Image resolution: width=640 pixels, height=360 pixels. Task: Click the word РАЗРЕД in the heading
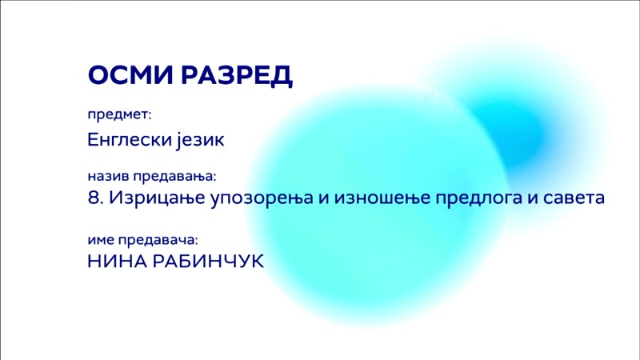tap(237, 76)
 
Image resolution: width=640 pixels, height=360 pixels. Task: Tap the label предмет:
tap(119, 114)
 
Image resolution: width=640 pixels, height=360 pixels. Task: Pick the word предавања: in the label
tap(174, 177)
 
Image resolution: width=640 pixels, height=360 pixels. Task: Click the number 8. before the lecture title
tap(95, 198)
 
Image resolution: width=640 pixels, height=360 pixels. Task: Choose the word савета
tap(574, 198)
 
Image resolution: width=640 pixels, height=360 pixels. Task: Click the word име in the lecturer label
tap(101, 240)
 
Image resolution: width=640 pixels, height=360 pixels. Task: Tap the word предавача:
tap(158, 240)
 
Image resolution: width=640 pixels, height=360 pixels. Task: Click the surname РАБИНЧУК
tap(209, 262)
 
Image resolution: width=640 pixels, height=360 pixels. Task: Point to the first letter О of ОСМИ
tap(98, 75)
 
